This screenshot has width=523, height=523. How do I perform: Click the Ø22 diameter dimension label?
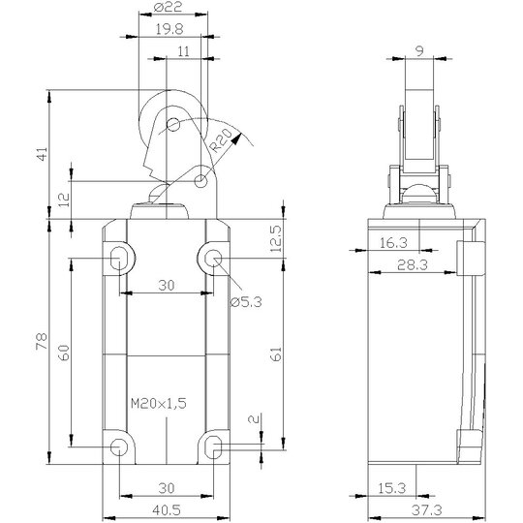click(169, 7)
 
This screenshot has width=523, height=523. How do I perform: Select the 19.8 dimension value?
click(169, 29)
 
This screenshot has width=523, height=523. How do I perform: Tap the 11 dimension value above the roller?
click(183, 51)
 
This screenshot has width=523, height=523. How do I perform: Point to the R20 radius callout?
click(221, 140)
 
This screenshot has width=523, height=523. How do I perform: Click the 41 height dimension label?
click(43, 154)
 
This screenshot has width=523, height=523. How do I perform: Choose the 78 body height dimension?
click(42, 341)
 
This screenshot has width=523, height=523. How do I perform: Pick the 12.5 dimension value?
click(275, 239)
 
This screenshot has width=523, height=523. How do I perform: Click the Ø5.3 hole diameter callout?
click(246, 302)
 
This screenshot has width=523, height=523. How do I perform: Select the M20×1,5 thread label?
click(159, 404)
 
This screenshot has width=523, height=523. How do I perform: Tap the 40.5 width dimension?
click(167, 510)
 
